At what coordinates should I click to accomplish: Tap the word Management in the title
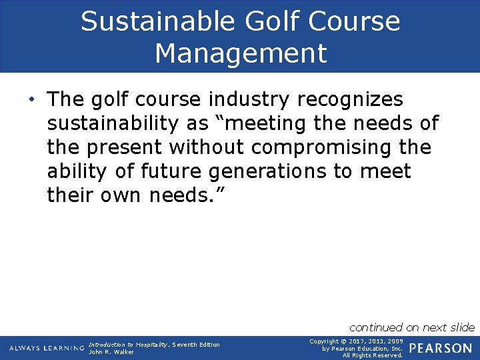pyautogui.click(x=241, y=53)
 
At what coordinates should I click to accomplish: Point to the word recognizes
pyautogui.click(x=350, y=100)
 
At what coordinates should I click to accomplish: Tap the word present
pyautogui.click(x=123, y=147)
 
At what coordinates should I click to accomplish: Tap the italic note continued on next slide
pyautogui.click(x=412, y=327)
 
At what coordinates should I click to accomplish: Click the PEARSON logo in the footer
pyautogui.click(x=440, y=348)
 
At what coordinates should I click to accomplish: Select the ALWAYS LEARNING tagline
pyautogui.click(x=47, y=348)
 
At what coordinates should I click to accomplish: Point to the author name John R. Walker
pyautogui.click(x=111, y=352)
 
